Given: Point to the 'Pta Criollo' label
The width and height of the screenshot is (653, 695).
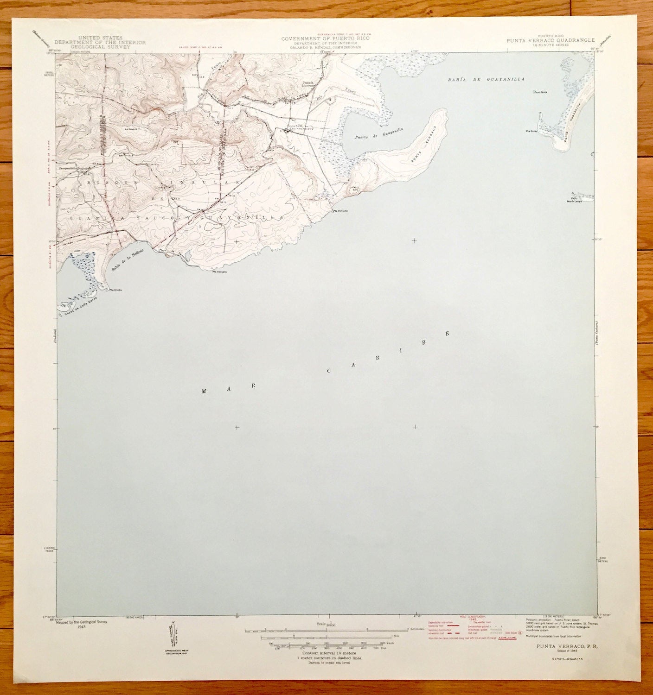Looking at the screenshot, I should (115, 290).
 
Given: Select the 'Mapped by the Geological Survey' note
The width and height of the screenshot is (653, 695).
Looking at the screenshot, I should (81, 622).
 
